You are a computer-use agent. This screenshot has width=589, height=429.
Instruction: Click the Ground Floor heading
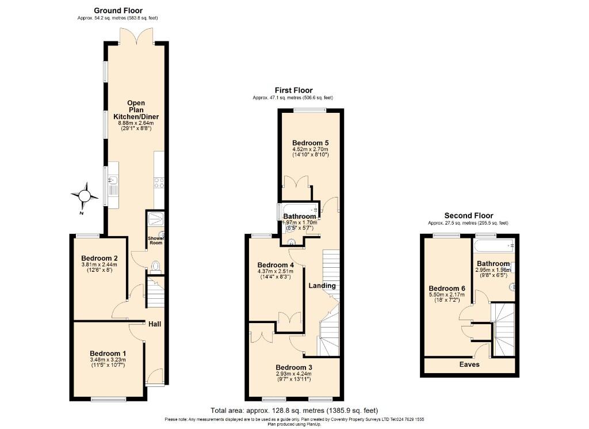click(118, 10)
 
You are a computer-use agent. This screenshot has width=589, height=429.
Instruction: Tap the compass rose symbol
click(85, 196)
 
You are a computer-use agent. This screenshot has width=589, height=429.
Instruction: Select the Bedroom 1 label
click(108, 354)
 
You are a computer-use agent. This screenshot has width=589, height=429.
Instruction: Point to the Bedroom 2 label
click(100, 259)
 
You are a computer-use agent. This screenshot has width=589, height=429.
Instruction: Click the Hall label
click(155, 324)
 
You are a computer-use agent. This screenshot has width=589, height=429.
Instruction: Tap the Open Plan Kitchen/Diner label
click(136, 110)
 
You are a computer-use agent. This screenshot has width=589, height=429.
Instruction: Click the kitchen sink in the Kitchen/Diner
click(113, 184)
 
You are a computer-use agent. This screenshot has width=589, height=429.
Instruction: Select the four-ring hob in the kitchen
click(159, 183)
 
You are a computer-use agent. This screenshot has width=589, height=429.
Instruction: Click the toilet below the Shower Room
click(155, 266)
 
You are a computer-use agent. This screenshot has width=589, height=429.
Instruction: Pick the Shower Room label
click(156, 241)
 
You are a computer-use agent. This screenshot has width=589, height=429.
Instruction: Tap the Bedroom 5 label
click(310, 143)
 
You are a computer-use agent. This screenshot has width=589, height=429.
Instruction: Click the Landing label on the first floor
click(322, 286)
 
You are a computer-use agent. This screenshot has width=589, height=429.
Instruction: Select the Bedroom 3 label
click(294, 367)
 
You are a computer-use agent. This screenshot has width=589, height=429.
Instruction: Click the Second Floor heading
click(468, 216)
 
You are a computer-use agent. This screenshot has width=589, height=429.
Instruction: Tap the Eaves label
click(469, 365)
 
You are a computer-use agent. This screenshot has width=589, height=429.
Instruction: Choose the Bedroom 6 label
click(446, 288)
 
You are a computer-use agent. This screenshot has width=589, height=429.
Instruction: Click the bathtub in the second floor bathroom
click(494, 246)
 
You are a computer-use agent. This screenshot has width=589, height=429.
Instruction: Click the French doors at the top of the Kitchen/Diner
click(136, 36)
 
